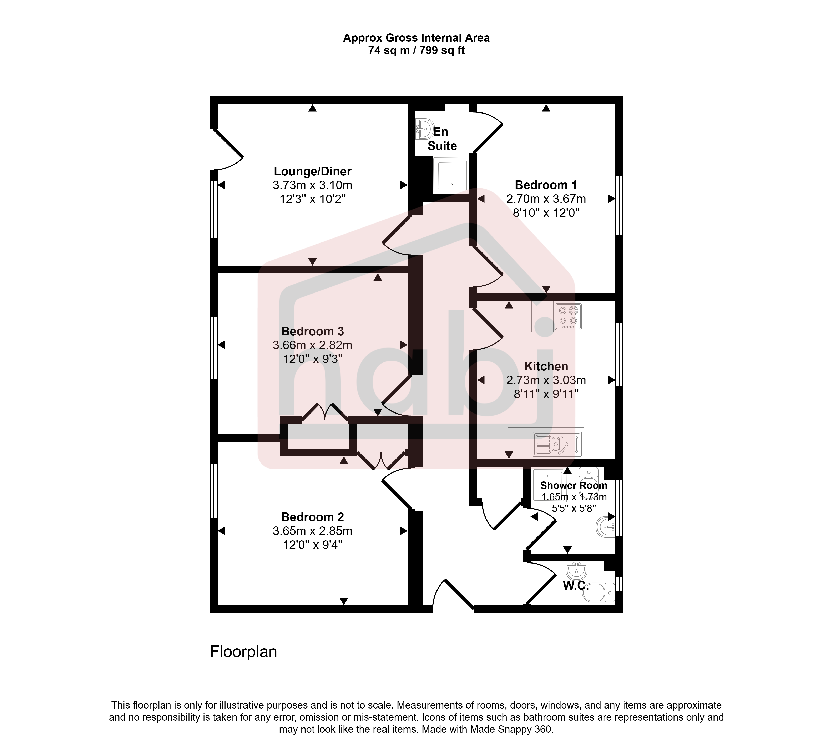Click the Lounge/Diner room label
click(x=312, y=171)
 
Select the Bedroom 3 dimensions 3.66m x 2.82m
click(x=312, y=345)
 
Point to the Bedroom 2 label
click(x=312, y=517)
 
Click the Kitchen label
click(x=546, y=366)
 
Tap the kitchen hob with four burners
click(x=568, y=316)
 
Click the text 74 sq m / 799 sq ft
click(x=416, y=50)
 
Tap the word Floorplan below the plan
click(x=243, y=652)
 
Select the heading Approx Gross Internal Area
click(x=416, y=38)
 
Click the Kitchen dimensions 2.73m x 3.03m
click(x=546, y=380)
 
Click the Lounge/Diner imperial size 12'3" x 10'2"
click(x=312, y=199)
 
